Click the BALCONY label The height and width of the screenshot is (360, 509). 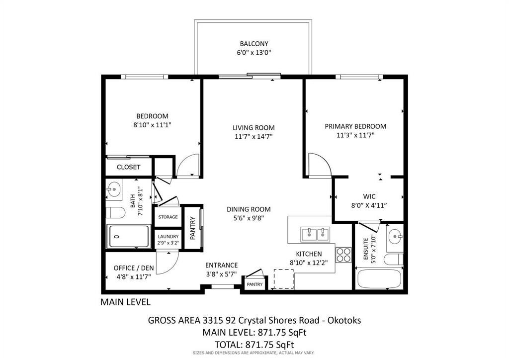click(254, 43)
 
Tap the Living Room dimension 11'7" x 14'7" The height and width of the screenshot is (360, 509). click(254, 136)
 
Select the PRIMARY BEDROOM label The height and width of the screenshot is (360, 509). click(355, 126)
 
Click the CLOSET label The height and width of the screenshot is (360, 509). click(129, 167)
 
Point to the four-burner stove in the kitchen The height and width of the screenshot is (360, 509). click(343, 255)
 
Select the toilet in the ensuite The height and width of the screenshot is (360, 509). click(394, 260)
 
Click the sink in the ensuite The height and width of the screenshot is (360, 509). click(395, 236)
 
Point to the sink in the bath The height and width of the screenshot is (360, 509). click(114, 189)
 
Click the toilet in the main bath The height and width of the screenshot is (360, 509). click(115, 213)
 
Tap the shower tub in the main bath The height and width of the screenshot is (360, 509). click(129, 236)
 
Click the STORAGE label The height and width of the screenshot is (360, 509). click(168, 217)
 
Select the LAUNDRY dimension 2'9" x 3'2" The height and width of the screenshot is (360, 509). click(168, 243)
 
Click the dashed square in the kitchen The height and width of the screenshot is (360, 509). click(284, 279)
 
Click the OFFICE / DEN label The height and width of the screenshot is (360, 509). click(134, 268)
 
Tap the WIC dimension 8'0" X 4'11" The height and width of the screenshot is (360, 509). click(369, 205)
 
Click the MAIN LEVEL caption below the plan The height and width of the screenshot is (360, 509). click(125, 302)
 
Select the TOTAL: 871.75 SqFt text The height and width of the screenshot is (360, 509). click(254, 345)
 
